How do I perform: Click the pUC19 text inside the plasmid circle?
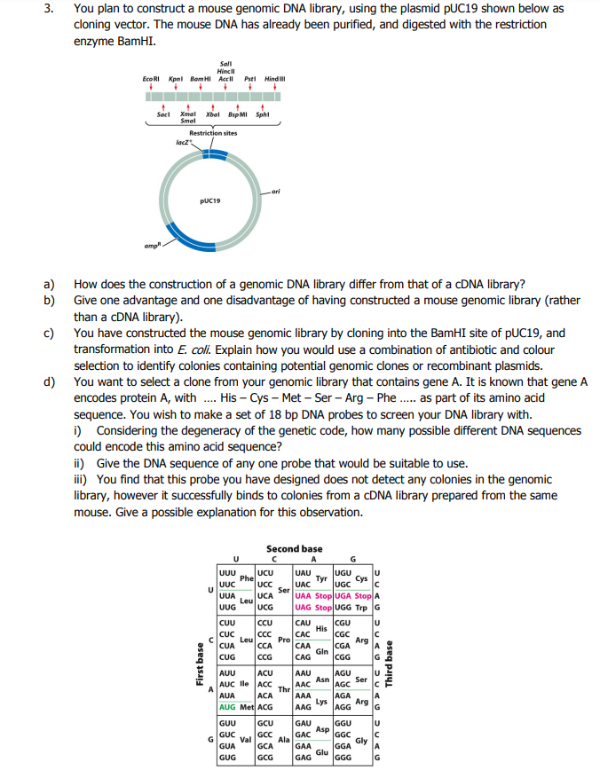[210, 200]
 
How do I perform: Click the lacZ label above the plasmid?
[181, 141]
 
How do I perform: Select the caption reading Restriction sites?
[213, 133]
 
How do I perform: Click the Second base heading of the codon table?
[294, 548]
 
